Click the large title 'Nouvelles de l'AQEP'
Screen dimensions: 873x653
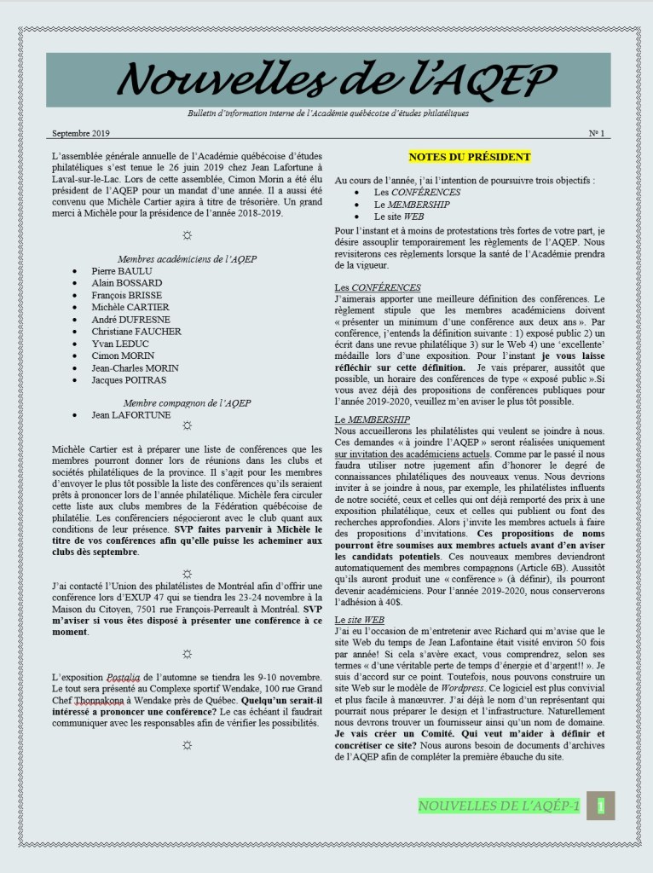[x=327, y=80]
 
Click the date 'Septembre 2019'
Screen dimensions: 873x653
[x=80, y=134]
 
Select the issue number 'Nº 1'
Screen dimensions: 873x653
[x=596, y=134]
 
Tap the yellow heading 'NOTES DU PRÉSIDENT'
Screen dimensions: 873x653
[x=469, y=157]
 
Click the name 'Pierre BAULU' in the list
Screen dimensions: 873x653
[x=122, y=271]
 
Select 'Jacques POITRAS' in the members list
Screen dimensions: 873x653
[x=129, y=380]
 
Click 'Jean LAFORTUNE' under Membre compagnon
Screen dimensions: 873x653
[x=130, y=415]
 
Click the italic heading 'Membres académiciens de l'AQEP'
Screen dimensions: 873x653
[x=188, y=258]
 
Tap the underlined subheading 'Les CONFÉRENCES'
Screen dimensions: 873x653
[x=377, y=287]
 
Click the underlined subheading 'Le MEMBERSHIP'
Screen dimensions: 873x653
[x=373, y=419]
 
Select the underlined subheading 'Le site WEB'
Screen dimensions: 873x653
[x=360, y=620]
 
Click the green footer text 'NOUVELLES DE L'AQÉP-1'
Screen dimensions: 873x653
[x=499, y=806]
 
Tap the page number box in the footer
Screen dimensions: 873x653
[x=602, y=806]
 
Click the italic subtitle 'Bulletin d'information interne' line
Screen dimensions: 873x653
[x=327, y=113]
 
